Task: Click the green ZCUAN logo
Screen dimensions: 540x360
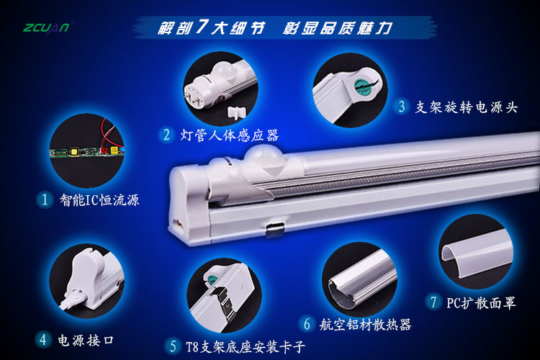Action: pos(46,27)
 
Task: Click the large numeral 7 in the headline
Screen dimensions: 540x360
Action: pos(201,27)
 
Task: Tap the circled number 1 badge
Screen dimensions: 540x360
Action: pos(45,199)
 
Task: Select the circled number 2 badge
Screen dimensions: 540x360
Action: pos(167,135)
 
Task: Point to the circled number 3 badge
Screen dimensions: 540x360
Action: pos(402,107)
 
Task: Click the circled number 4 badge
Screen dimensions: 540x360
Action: pos(42,340)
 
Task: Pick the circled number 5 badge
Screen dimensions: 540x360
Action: pos(173,346)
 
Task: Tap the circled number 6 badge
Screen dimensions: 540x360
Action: pos(307,324)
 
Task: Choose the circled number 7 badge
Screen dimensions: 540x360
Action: pos(433,302)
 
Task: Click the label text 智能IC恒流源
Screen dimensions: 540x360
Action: pos(99,200)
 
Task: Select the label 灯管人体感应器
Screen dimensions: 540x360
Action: pos(230,135)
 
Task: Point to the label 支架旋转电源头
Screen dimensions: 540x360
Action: pos(466,107)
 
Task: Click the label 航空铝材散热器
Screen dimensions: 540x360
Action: pos(365,325)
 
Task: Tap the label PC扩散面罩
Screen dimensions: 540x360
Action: pos(481,303)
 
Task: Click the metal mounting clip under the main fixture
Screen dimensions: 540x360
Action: pos(275,228)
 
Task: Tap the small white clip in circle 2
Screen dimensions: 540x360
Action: pos(237,112)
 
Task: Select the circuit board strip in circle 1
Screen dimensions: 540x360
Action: pos(87,152)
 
